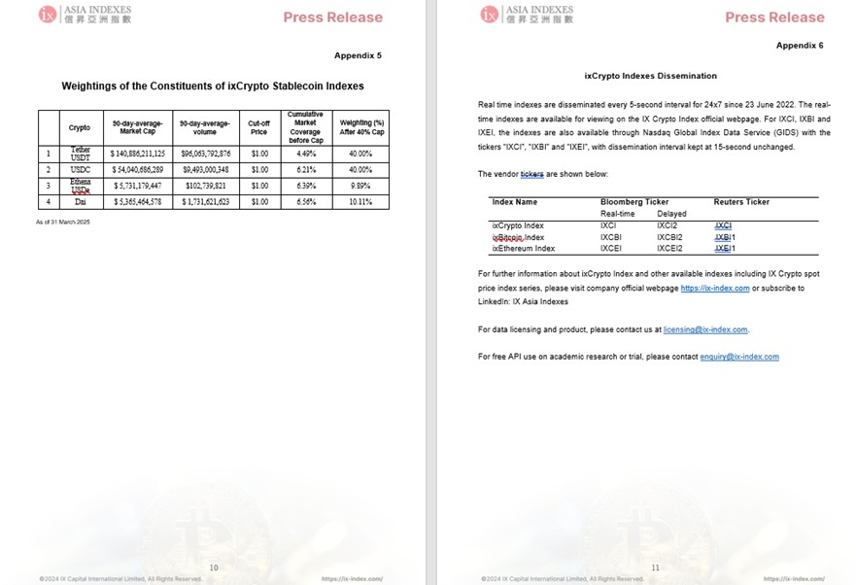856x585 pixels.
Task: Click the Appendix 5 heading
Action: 358,55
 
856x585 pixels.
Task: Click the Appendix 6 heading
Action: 800,46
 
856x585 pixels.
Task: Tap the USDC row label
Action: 80,169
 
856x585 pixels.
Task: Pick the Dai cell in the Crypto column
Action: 80,202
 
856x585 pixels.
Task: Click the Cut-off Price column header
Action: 258,126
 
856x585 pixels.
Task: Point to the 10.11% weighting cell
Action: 360,202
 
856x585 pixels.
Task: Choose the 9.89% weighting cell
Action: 360,186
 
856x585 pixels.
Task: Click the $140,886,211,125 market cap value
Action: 138,154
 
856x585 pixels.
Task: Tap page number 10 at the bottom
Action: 214,568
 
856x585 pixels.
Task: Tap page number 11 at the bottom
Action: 656,568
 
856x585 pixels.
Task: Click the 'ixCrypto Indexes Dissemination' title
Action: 650,75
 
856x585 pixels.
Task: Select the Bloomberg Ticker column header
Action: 634,202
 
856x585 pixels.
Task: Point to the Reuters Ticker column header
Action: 741,202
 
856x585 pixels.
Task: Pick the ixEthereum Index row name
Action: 524,249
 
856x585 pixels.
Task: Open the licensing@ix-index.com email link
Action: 705,330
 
